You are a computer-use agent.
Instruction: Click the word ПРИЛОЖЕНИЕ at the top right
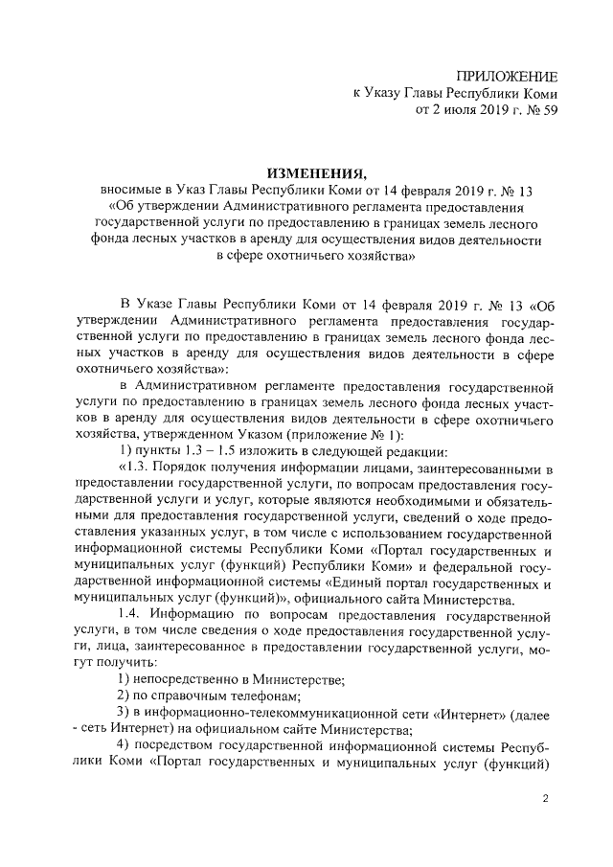508,76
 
